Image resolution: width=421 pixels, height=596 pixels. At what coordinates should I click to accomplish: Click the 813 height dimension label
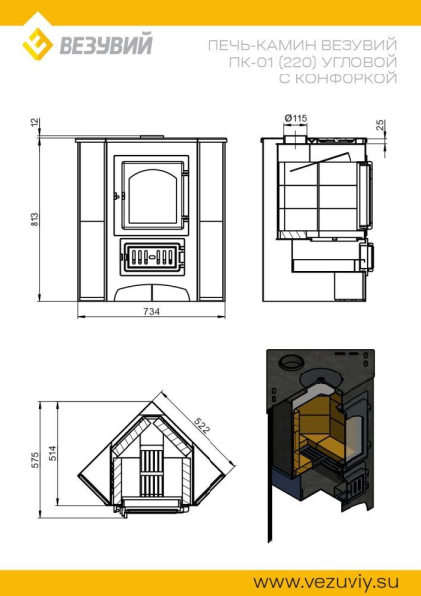(x=34, y=220)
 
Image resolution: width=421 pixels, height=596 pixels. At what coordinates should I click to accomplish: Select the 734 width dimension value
(x=152, y=311)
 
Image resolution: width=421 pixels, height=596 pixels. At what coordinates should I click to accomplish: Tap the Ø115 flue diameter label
(x=296, y=119)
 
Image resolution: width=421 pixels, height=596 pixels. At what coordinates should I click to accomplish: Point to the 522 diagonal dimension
(x=202, y=426)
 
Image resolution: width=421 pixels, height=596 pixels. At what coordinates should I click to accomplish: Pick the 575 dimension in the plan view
(x=35, y=460)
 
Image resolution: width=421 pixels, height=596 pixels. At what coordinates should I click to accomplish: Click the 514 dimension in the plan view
(x=52, y=453)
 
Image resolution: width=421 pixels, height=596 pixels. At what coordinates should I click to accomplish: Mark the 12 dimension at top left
(x=35, y=123)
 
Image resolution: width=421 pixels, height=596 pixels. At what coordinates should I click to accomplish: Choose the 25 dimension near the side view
(x=381, y=125)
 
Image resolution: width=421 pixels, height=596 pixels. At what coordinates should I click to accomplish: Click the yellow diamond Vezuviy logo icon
(x=37, y=44)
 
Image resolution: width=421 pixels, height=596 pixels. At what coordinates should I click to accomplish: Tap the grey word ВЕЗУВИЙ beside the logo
(x=105, y=44)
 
